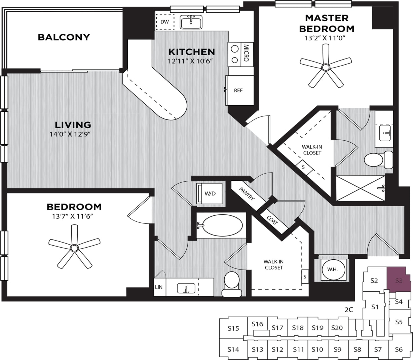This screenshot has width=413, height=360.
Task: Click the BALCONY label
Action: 64,37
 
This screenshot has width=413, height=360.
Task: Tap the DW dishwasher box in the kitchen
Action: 164,22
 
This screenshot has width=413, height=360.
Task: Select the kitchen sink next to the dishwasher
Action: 191,23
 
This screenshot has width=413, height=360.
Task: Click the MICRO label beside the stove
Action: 246,53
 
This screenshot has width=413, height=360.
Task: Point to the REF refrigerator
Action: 239,91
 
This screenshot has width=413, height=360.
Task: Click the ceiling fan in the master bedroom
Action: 325,67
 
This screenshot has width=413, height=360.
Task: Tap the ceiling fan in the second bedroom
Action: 74,248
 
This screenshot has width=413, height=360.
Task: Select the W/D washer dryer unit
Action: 210,193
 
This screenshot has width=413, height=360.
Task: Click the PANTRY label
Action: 247,193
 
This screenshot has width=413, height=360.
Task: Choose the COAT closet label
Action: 272,220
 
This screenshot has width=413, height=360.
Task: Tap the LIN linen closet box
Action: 159,287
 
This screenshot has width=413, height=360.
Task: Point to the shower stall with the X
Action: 361,188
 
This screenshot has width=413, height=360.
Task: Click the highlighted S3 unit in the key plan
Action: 399,280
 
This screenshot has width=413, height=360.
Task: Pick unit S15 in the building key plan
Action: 233,328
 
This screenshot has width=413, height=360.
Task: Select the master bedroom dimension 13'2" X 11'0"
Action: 325,38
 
